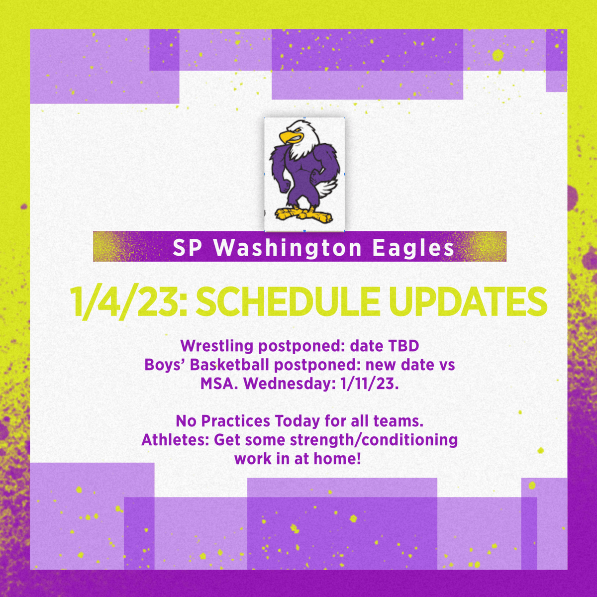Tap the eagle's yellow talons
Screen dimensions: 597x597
coord(303,215)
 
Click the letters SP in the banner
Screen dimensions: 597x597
coord(186,248)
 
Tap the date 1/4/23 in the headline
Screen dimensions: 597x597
coord(127,301)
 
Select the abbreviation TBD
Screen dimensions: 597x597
coord(401,345)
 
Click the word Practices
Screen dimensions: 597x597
coord(236,421)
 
